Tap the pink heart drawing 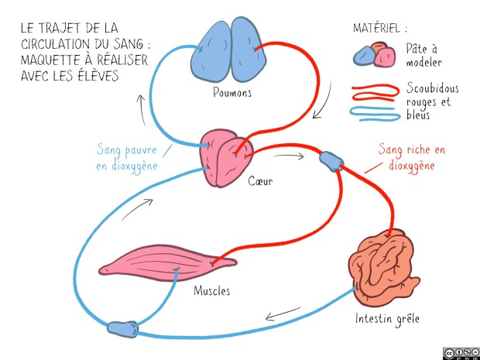pyautogui.click(x=225, y=159)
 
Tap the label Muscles pyautogui.click(x=211, y=291)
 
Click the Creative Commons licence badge pyautogui.click(x=461, y=353)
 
